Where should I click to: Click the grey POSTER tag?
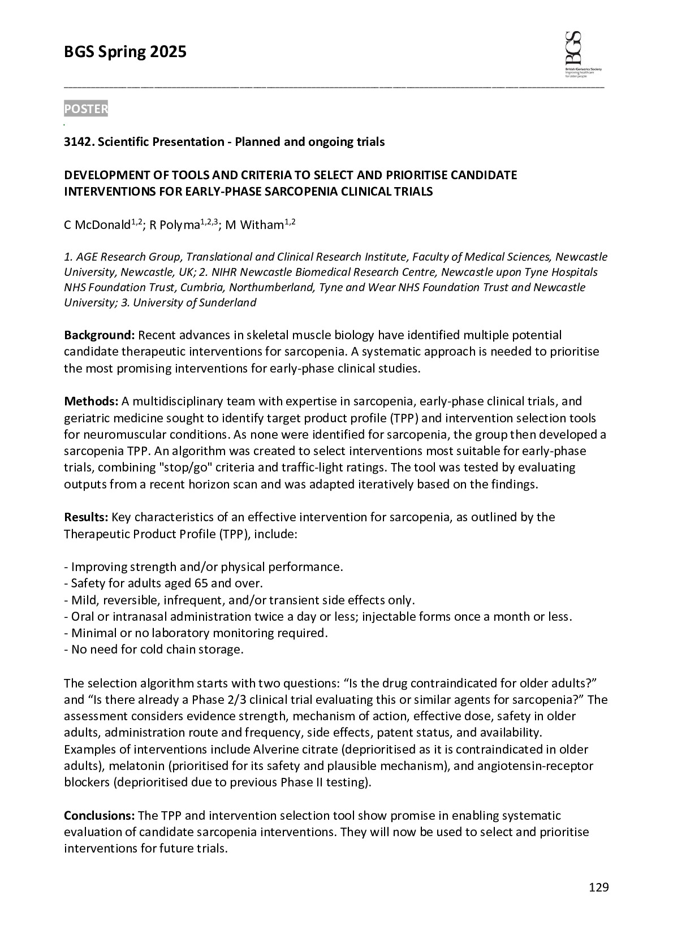click(x=85, y=109)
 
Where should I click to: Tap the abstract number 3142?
click(x=79, y=142)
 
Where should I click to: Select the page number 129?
click(x=598, y=887)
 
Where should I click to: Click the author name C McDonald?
click(x=97, y=225)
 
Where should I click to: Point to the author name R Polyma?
click(x=175, y=225)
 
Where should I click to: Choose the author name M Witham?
click(x=254, y=225)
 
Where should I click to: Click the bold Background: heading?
click(x=99, y=335)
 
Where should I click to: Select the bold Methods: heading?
click(x=90, y=401)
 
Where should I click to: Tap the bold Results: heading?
click(x=86, y=517)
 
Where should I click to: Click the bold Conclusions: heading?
click(x=99, y=816)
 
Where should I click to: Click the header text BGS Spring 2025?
click(x=125, y=53)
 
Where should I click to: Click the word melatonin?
click(x=135, y=767)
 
